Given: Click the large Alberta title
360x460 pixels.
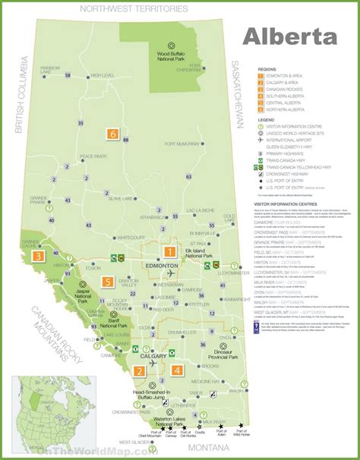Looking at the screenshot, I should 290,37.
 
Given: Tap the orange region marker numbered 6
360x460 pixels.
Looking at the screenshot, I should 114,134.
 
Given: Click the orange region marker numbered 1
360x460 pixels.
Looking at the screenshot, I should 170,251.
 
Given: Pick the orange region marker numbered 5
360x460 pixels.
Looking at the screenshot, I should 109,282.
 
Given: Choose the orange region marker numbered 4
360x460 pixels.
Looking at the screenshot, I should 177,370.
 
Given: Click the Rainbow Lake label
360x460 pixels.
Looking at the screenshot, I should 50,68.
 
